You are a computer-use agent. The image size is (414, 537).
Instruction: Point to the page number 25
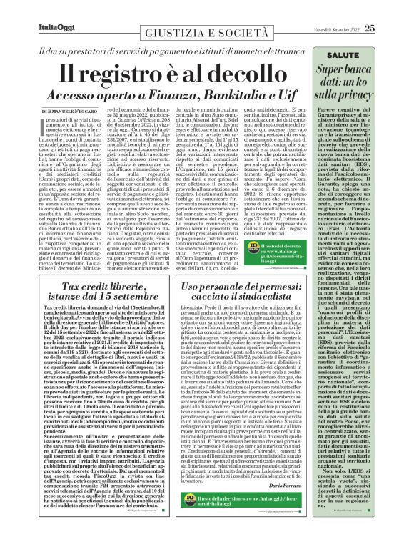[388, 9]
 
